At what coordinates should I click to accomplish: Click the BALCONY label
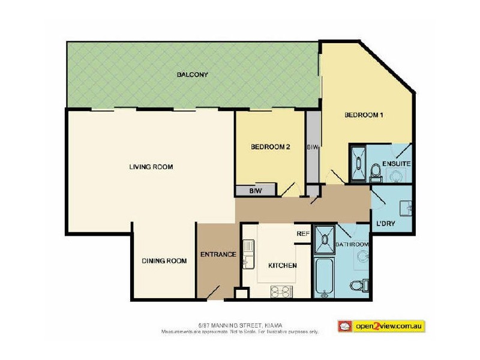click(x=192, y=75)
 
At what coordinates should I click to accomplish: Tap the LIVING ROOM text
click(x=151, y=167)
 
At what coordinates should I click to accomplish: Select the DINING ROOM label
click(x=164, y=260)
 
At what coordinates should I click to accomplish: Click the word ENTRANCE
click(x=218, y=254)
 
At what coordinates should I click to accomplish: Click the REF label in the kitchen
click(x=302, y=234)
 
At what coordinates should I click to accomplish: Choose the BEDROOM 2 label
click(x=271, y=146)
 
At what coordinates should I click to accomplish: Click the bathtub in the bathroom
click(x=324, y=277)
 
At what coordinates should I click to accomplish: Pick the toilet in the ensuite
click(x=376, y=172)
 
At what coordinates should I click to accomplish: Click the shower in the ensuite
click(x=359, y=160)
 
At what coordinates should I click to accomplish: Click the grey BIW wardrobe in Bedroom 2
click(x=255, y=191)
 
